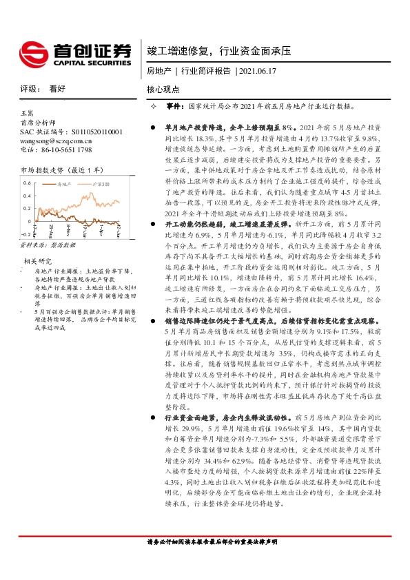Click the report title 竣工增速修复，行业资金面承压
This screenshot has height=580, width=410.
219,51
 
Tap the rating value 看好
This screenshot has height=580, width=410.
57,89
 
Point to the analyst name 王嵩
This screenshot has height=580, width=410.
27,112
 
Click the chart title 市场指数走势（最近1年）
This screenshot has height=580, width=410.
62,169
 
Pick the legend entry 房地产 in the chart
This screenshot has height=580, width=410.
66,185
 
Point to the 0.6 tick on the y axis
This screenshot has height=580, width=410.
26,183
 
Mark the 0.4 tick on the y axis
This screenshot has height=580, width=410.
26,196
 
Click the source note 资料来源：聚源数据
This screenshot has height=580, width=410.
48,245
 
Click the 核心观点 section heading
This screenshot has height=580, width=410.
163,90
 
